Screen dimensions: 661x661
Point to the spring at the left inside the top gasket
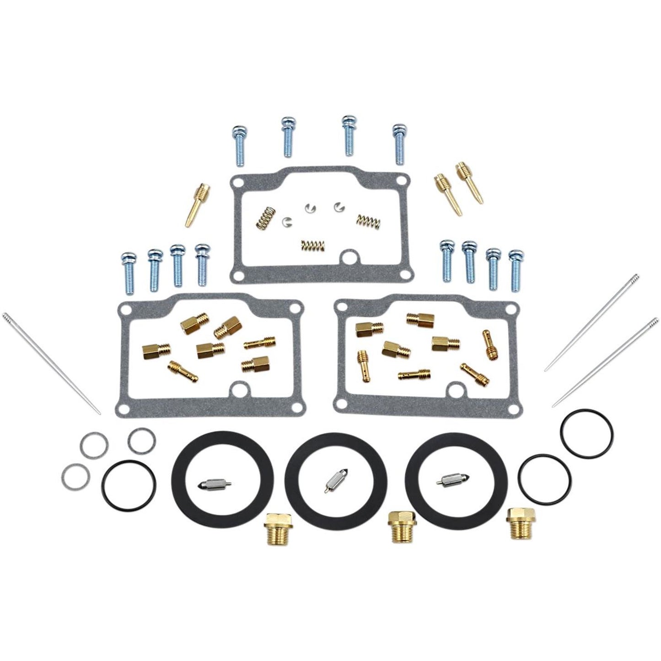coord(261,217)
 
